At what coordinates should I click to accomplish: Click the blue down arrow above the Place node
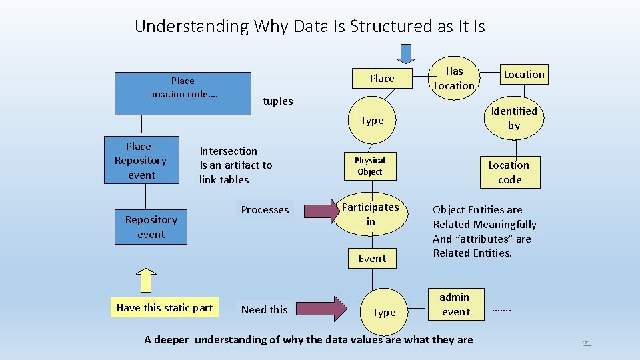point(405,52)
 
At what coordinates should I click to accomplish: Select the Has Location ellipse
point(454,78)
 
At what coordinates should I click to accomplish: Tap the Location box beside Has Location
point(523,74)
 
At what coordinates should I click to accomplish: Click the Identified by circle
point(514,118)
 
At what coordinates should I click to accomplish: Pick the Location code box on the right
point(509,172)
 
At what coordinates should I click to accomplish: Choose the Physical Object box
point(370,166)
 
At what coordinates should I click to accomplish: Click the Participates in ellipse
point(371,214)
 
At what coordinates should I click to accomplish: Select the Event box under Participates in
point(372,258)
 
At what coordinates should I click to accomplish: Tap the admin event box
point(455,304)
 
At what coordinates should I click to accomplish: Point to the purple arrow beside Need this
point(321,309)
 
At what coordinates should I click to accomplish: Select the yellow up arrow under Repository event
point(146,280)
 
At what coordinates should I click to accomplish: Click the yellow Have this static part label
point(164,307)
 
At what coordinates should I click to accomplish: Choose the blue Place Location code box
point(183,93)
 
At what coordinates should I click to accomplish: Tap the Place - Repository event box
point(141,160)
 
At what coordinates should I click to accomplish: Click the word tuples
point(278,101)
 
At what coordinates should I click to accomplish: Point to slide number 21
point(587,343)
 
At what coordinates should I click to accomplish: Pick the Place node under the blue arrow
point(381,79)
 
